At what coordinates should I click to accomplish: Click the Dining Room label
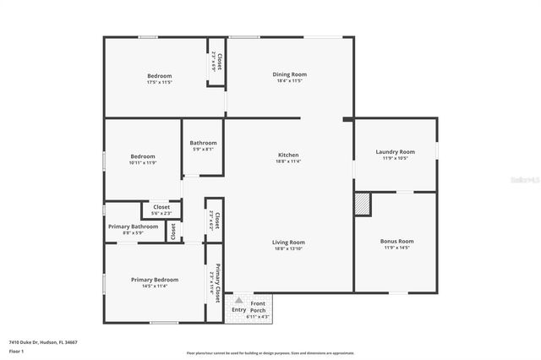(x=289, y=74)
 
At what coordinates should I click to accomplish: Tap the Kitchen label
(x=288, y=155)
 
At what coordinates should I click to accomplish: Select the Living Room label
(x=289, y=243)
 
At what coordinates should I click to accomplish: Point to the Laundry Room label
(x=395, y=152)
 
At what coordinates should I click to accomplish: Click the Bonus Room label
(x=395, y=241)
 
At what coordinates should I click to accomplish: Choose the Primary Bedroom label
(x=155, y=280)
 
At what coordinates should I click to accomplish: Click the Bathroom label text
(x=203, y=143)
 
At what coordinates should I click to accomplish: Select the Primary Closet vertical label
(x=217, y=282)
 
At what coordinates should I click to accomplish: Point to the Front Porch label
(x=258, y=306)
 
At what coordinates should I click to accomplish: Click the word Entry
(x=238, y=310)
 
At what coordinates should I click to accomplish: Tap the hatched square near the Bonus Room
(x=363, y=204)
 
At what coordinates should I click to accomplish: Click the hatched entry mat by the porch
(x=238, y=300)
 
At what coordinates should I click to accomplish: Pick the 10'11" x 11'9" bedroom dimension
(x=142, y=162)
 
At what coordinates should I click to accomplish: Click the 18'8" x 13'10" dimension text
(x=289, y=249)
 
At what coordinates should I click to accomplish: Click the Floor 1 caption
(x=16, y=351)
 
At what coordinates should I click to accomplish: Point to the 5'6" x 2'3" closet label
(x=161, y=213)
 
